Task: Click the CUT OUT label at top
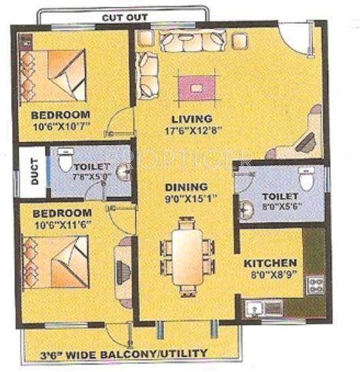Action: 124,17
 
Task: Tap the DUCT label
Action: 34,173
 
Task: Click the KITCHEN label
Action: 270,263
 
